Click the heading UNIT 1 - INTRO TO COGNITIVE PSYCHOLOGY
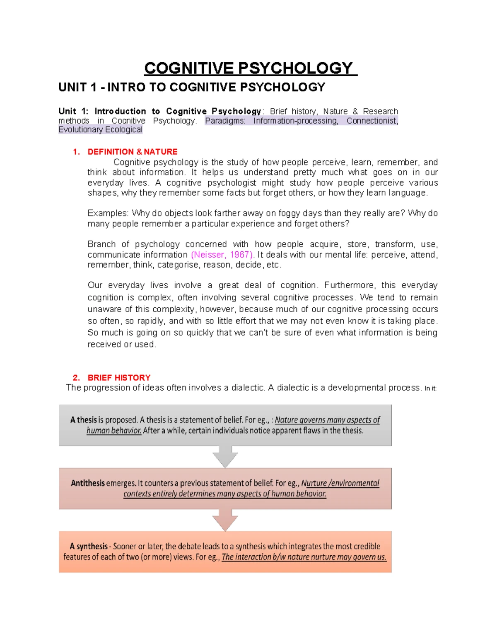[192, 87]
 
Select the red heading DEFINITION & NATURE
[133, 152]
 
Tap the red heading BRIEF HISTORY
[119, 378]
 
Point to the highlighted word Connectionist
[372, 121]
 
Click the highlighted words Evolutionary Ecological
[100, 130]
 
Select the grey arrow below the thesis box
[225, 457]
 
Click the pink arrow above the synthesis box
[225, 520]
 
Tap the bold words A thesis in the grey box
[84, 420]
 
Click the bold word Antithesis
[88, 483]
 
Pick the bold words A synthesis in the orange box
[89, 546]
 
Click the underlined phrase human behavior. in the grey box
[114, 430]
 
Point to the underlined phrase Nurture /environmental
[340, 483]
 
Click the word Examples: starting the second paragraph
[108, 213]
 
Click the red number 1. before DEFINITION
[76, 152]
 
